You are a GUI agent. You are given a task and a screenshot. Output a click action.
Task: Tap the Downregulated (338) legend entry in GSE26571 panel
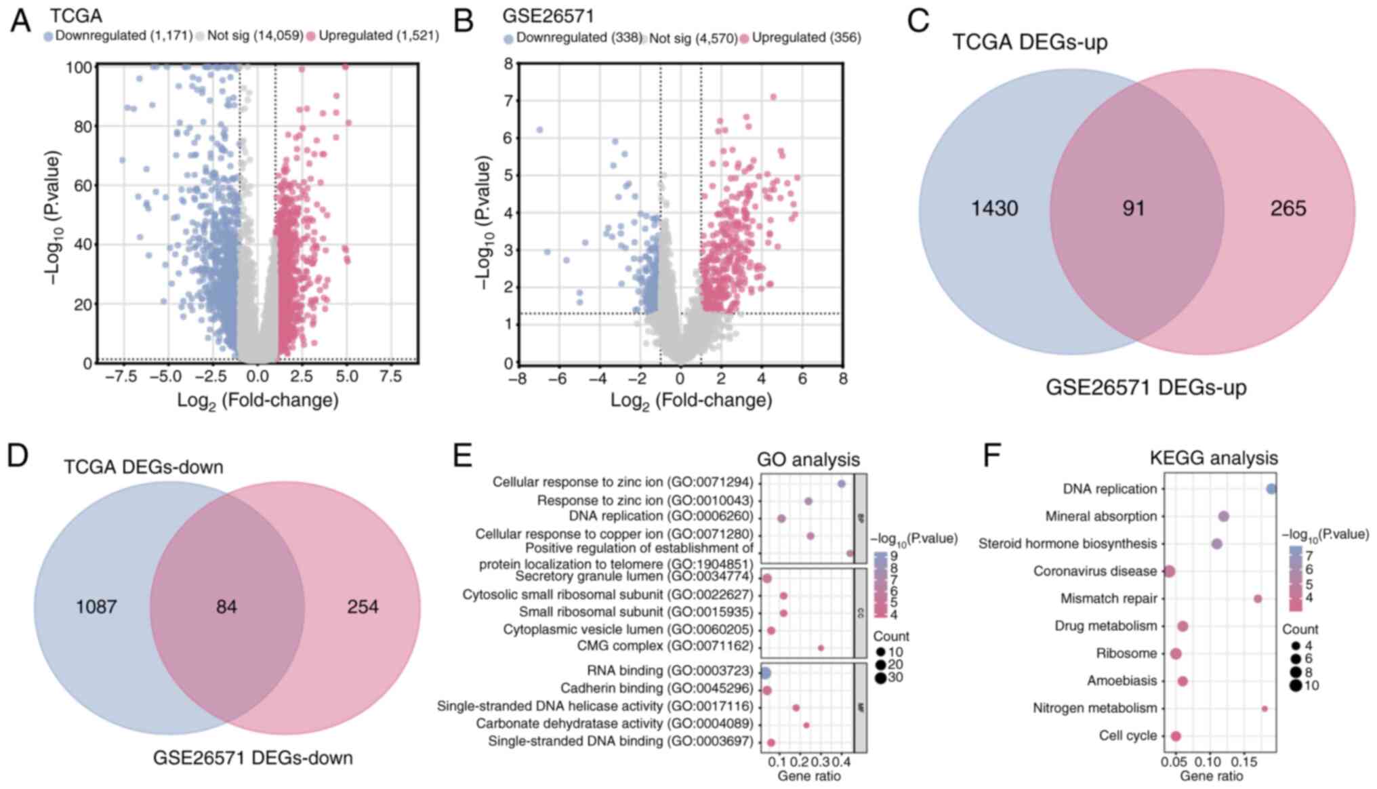click(573, 38)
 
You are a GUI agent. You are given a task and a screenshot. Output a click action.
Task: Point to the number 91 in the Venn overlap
click(1133, 208)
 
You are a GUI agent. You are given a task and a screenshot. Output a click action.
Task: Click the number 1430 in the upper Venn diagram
click(994, 208)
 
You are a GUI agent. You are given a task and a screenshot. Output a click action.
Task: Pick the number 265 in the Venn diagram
click(1288, 208)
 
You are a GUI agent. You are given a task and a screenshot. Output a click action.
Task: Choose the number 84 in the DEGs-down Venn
click(226, 607)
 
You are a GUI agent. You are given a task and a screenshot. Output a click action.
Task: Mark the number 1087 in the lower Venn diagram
click(96, 607)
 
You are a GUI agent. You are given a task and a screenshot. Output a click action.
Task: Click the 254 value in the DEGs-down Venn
click(363, 607)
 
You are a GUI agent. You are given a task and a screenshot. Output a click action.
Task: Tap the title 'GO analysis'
click(808, 460)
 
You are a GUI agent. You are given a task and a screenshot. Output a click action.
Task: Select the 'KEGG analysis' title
click(1214, 458)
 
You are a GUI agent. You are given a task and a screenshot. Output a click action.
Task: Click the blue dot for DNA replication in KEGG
click(1271, 489)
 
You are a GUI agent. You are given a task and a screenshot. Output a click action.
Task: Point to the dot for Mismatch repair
click(1258, 599)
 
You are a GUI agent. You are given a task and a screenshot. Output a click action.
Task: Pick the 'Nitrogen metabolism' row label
click(1094, 708)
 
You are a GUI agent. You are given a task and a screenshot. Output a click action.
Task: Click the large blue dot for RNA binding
click(765, 673)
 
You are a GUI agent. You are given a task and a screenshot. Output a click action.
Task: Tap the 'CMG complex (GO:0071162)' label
click(665, 647)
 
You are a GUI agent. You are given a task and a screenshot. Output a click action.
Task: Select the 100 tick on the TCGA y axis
click(79, 68)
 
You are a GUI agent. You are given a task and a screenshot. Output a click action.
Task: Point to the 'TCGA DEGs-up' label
click(1030, 42)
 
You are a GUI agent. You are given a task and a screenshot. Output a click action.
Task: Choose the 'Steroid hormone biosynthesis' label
click(1067, 544)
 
